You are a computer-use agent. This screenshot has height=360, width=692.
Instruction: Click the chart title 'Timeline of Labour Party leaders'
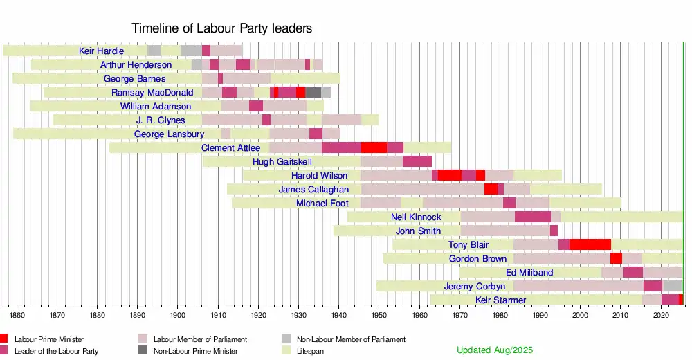221,28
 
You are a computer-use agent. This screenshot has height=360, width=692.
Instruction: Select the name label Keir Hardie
102,51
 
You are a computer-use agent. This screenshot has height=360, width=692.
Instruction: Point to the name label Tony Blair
468,244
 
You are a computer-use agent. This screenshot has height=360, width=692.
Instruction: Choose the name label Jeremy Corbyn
475,286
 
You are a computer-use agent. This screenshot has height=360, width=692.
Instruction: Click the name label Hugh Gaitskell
282,161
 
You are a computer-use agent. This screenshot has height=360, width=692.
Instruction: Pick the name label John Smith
418,231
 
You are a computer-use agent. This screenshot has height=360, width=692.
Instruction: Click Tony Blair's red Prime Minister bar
590,244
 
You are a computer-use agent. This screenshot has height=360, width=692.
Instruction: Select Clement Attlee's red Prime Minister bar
374,147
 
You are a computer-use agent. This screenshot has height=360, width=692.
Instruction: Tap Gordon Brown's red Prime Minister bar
616,258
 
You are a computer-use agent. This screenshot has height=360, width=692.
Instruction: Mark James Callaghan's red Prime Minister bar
491,189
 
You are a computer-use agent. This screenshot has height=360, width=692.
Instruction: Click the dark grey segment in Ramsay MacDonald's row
313,92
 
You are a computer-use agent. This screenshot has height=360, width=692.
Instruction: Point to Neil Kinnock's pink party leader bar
532,217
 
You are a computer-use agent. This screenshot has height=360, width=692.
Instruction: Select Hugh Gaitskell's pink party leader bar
417,161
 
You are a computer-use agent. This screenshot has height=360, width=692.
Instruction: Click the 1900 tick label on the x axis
178,315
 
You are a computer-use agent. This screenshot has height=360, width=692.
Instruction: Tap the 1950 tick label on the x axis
379,315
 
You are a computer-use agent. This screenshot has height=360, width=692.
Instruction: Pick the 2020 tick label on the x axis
661,315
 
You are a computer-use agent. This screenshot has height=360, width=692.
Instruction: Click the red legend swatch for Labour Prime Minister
4,339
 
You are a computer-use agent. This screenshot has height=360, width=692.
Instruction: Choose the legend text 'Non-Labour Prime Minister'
195,351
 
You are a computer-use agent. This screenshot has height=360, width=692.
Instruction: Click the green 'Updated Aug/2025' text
495,350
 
